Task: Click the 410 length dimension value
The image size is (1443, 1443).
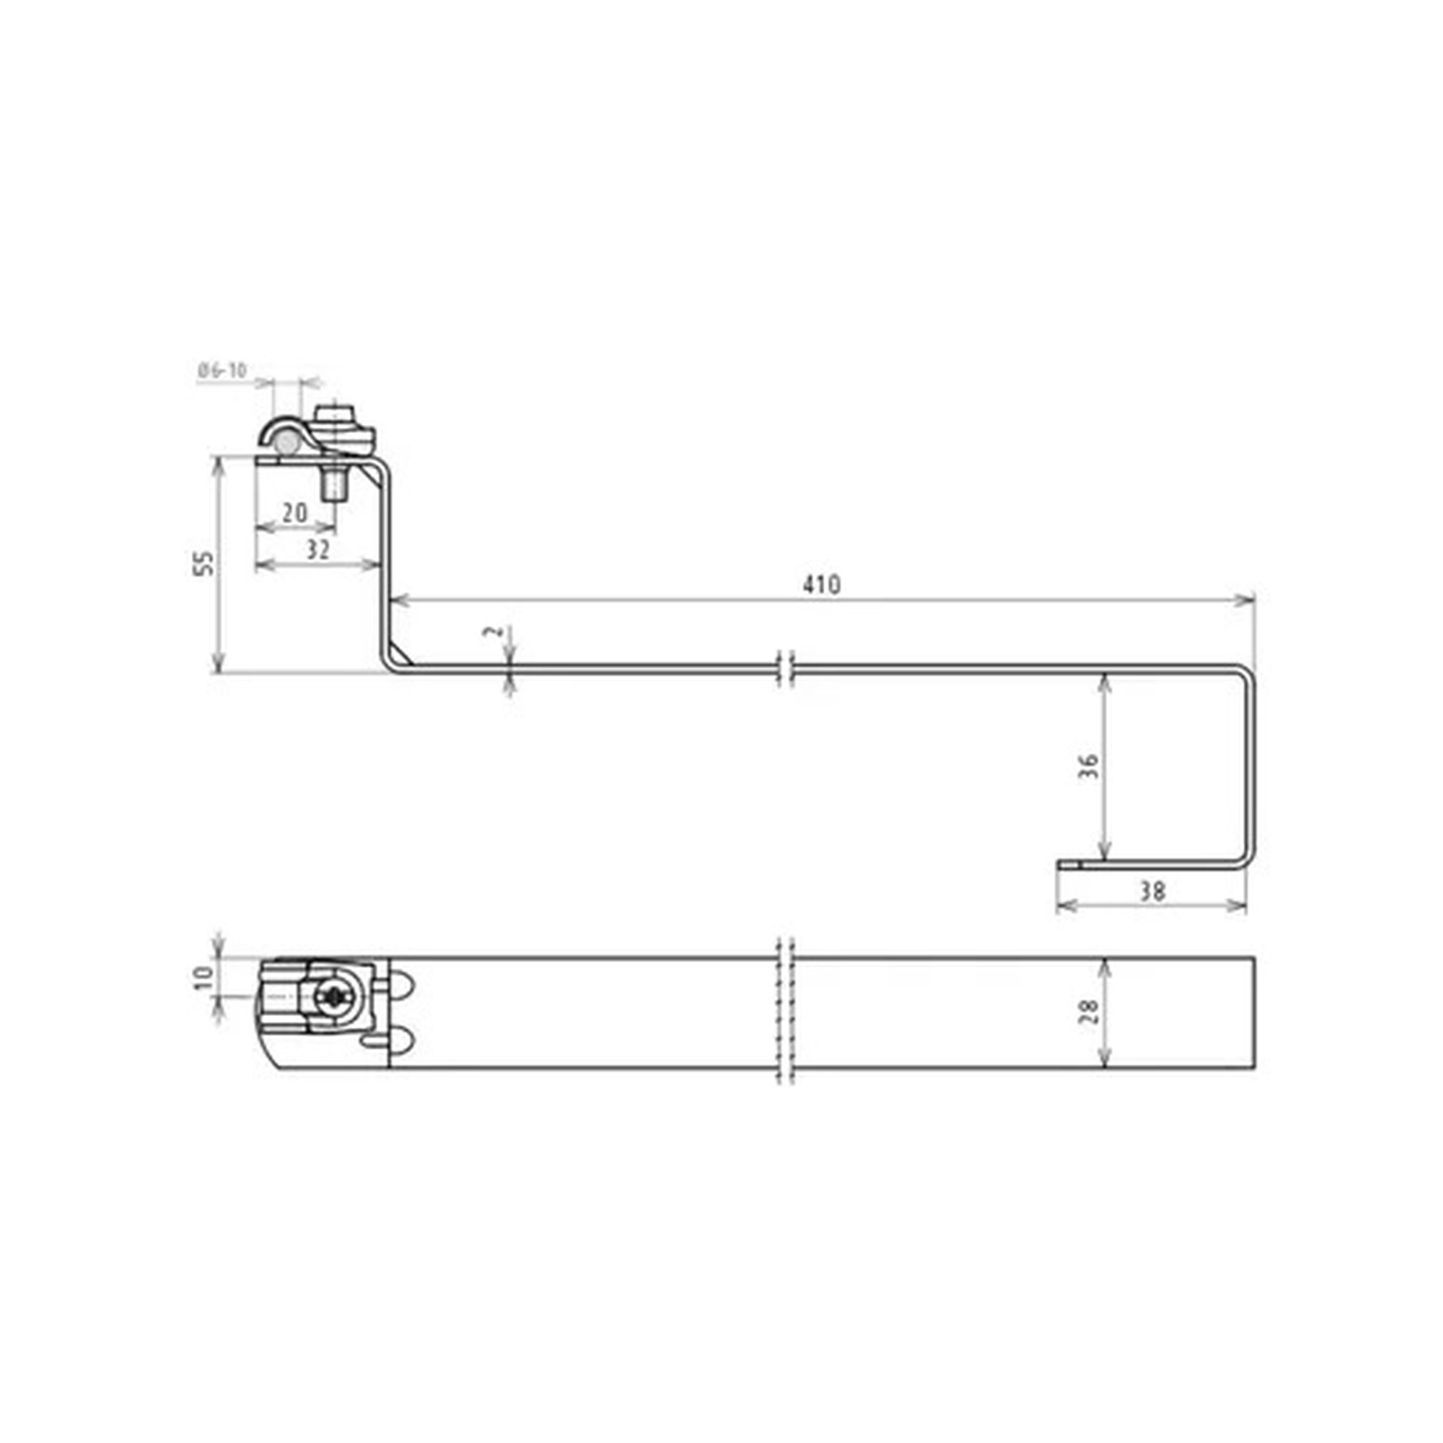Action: [822, 584]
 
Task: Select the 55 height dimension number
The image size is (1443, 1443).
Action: [203, 563]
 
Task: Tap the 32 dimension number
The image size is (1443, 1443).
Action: [318, 550]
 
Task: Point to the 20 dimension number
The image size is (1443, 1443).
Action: [295, 512]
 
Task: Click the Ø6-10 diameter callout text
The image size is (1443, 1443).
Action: [222, 369]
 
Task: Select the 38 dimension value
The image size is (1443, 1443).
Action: [1152, 891]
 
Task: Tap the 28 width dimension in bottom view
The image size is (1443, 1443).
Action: [1089, 1012]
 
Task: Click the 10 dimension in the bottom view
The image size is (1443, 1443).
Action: [203, 978]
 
